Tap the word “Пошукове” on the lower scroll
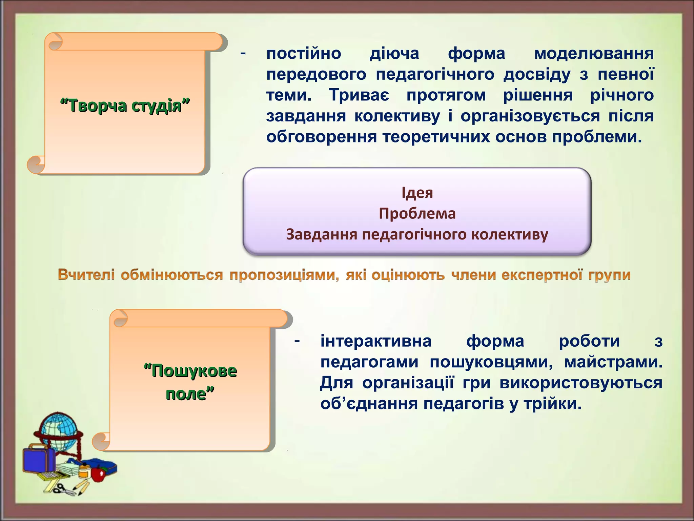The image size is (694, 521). pos(190,370)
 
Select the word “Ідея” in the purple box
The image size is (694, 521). pos(417,193)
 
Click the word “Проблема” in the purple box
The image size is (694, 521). pos(417,214)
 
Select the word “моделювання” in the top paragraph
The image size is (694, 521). pos(594,54)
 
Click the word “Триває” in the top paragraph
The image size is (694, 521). pos(359,95)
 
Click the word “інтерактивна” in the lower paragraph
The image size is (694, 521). pos(376,341)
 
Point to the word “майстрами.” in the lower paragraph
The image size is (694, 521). pos(613,362)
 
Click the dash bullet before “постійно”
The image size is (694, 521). pos(243,53)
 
